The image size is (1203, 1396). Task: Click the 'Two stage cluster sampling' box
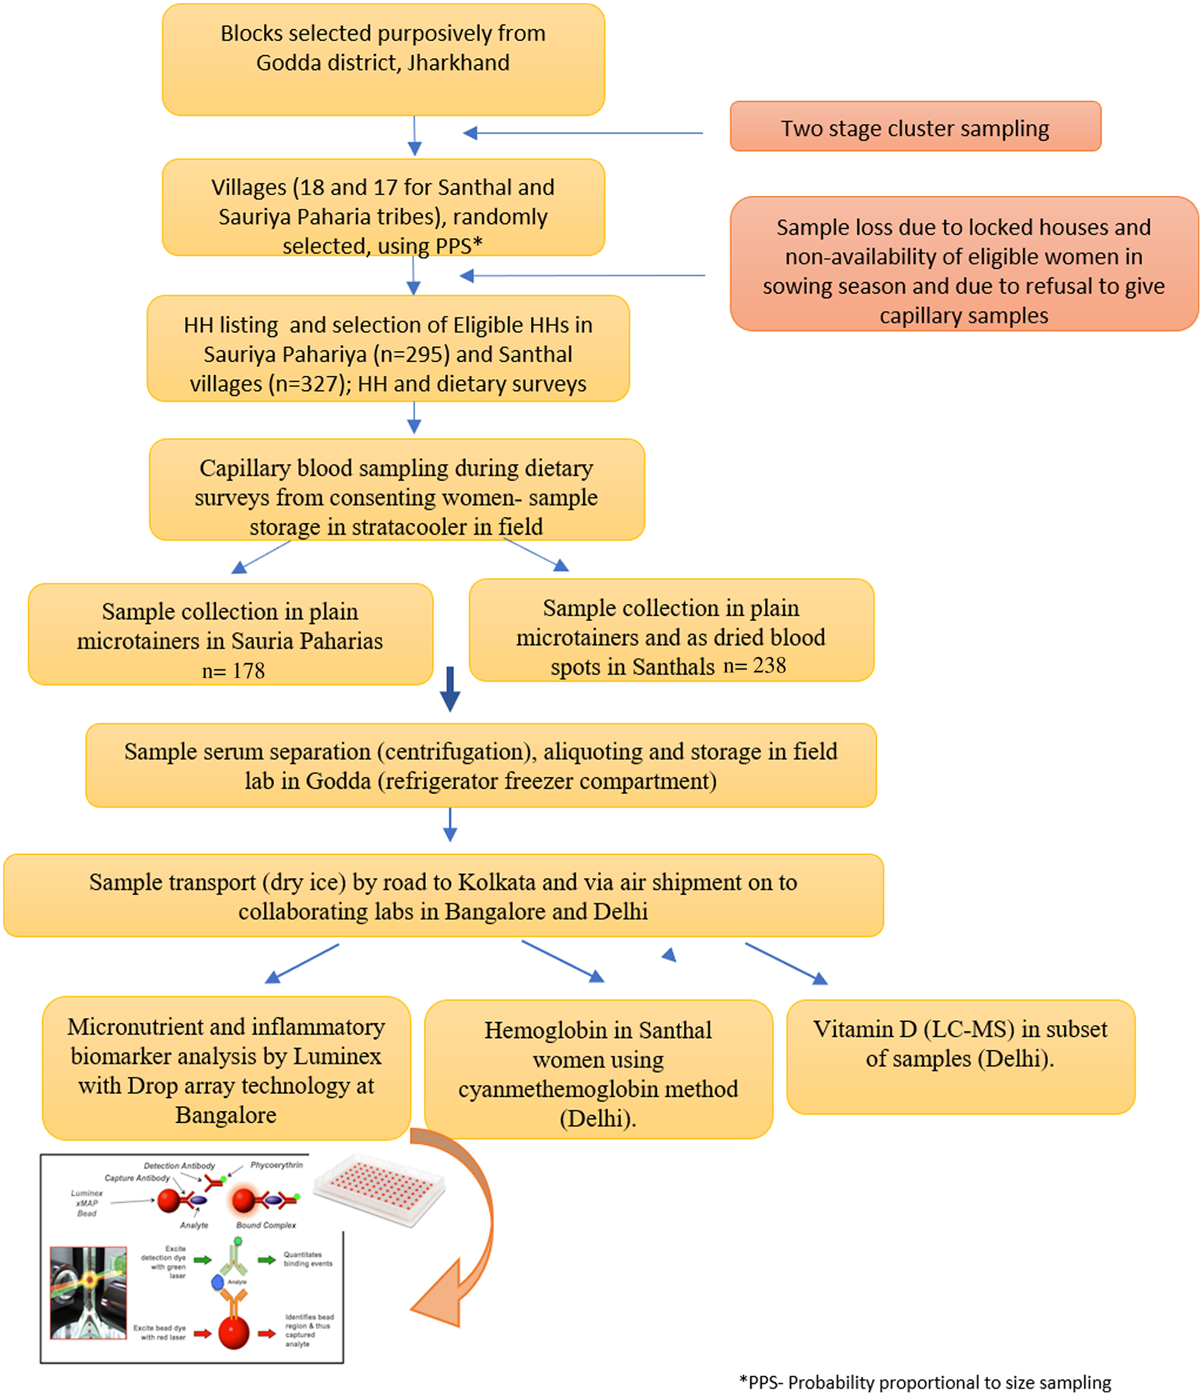click(915, 126)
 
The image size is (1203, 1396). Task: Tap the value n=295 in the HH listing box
click(411, 355)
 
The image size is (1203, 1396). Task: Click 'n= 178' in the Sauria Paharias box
click(233, 670)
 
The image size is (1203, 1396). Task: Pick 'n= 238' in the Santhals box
click(755, 666)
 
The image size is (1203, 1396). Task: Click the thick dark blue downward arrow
click(450, 689)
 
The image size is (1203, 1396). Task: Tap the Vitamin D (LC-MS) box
click(961, 1057)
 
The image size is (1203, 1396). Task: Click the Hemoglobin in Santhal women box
click(599, 1069)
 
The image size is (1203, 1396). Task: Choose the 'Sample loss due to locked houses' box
click(964, 263)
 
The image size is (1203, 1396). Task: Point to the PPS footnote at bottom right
click(925, 1382)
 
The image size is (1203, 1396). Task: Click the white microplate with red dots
click(379, 1189)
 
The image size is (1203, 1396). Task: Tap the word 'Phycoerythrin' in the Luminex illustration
click(276, 1165)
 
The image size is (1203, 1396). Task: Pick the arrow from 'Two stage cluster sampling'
click(583, 133)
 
